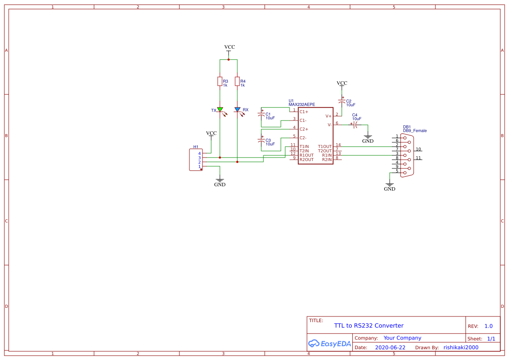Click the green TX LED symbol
click(220, 110)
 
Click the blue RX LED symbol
click(237, 110)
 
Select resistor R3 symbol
click(220, 81)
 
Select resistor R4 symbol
click(237, 81)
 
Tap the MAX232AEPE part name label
click(302, 105)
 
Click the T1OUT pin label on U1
click(325, 147)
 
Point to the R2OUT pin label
click(307, 160)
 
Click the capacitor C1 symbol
click(261, 115)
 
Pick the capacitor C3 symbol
click(261, 141)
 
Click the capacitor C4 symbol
click(356, 125)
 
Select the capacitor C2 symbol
click(342, 102)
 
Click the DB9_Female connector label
click(415, 131)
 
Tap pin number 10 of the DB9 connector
click(418, 149)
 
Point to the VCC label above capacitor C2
click(342, 83)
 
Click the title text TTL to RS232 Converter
click(368, 326)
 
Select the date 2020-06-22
click(390, 348)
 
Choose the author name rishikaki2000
click(461, 348)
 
